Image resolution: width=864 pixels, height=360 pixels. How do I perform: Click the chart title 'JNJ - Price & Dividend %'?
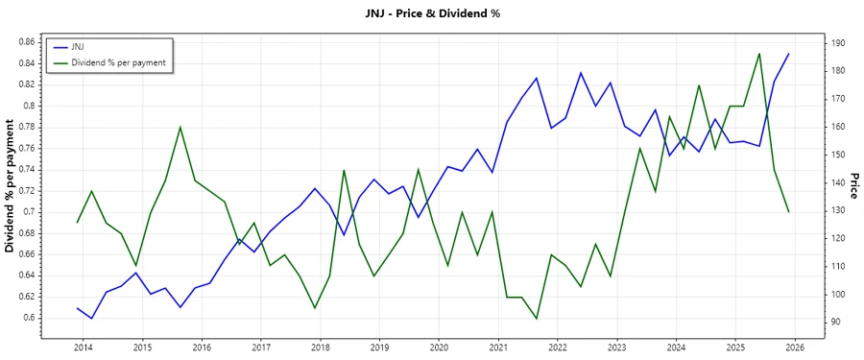pos(431,13)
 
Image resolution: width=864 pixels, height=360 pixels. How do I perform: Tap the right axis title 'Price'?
pos(853,186)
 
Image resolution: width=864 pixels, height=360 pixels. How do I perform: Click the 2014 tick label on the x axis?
pos(83,347)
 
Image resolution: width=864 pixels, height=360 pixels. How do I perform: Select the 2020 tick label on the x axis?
pos(439,347)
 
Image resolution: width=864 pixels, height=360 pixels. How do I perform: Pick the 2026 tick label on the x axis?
pos(795,347)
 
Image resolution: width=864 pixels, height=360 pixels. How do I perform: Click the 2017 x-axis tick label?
pos(260,347)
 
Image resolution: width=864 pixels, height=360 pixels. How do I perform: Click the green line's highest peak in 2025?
pos(759,53)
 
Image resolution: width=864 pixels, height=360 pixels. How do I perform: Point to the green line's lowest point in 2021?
pos(537,319)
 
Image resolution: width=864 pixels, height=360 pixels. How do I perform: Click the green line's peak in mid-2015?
pos(180,127)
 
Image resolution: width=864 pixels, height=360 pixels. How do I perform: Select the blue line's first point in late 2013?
pos(77,308)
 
